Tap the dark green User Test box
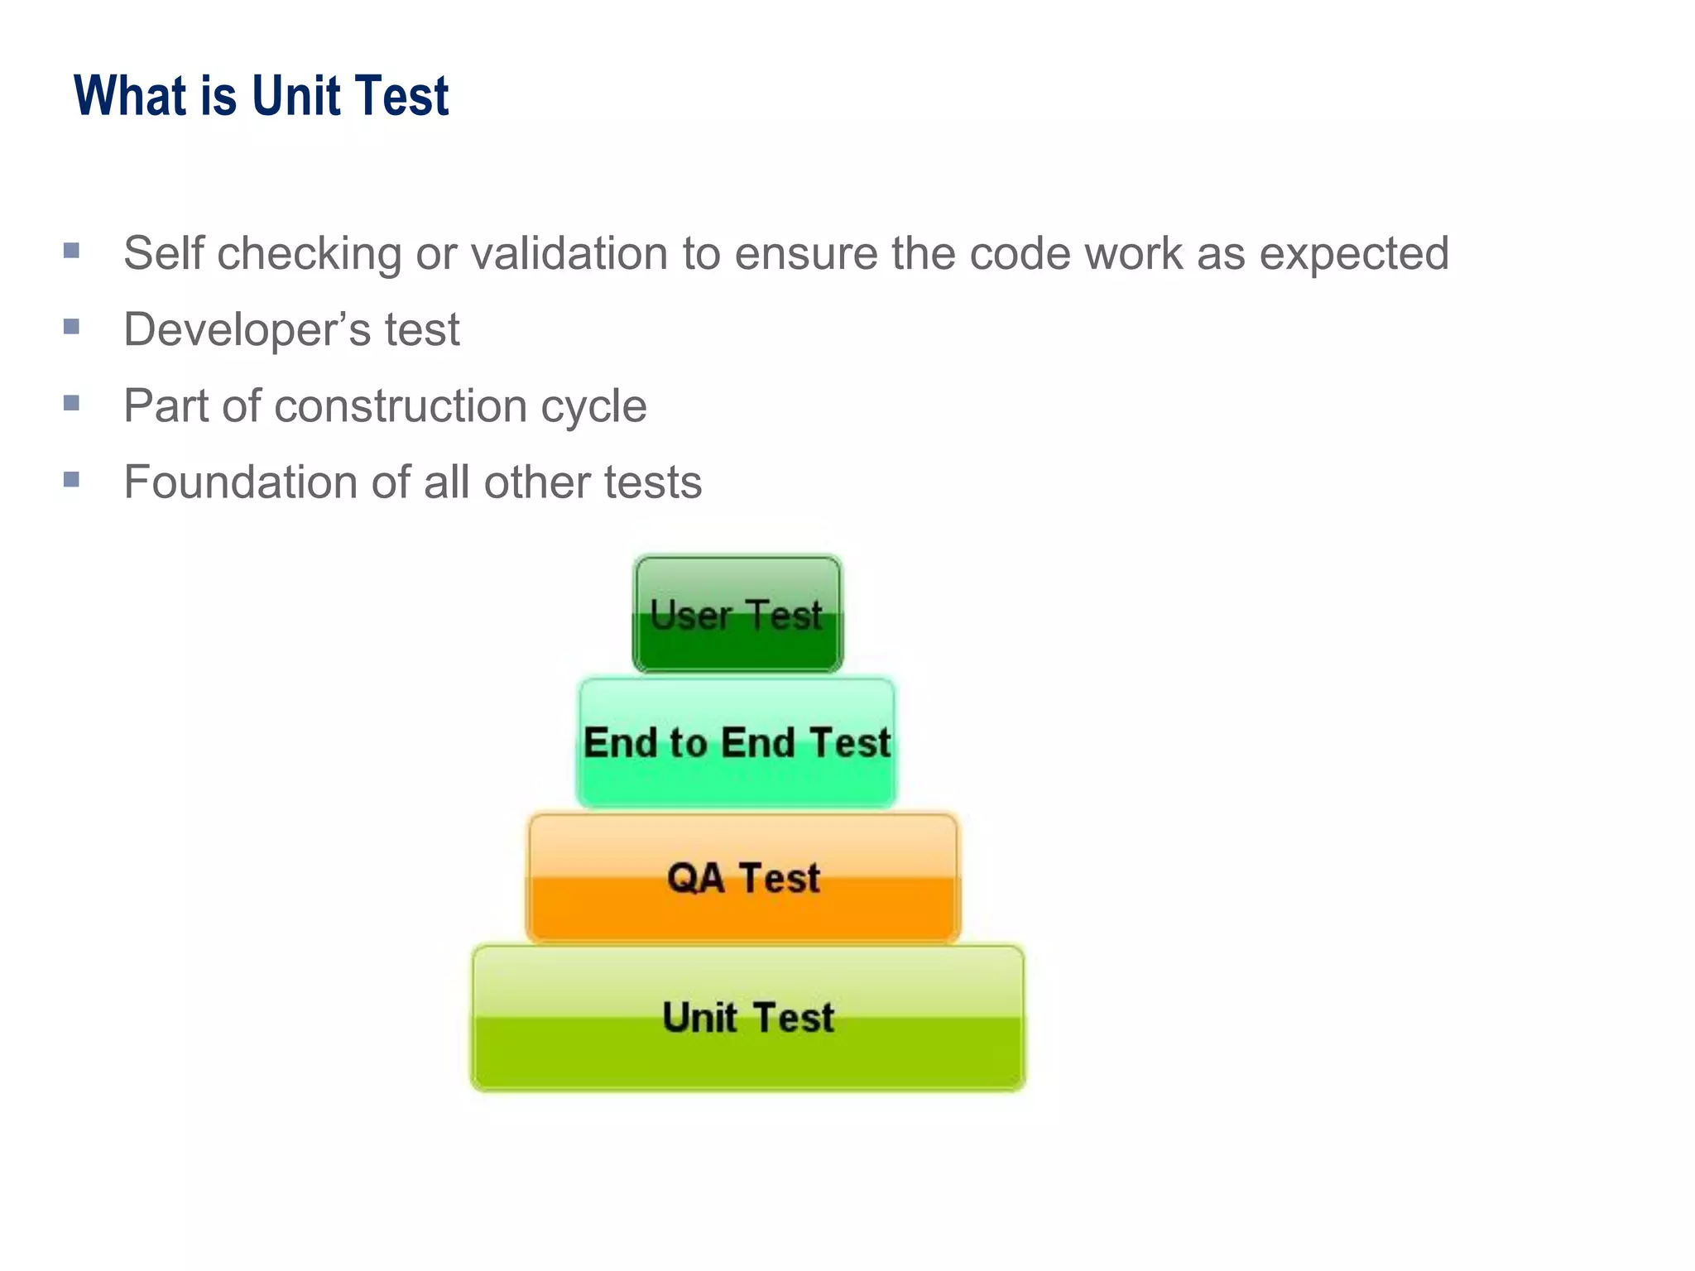click(x=737, y=614)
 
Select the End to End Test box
click(x=737, y=742)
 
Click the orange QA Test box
click(x=743, y=878)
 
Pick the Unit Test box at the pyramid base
click(x=748, y=1017)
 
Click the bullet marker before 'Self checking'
click(x=71, y=250)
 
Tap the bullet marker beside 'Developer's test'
click(x=71, y=327)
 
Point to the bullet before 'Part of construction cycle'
click(x=71, y=403)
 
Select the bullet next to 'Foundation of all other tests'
click(x=71, y=479)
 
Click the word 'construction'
click(x=401, y=405)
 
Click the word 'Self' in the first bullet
click(x=163, y=252)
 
